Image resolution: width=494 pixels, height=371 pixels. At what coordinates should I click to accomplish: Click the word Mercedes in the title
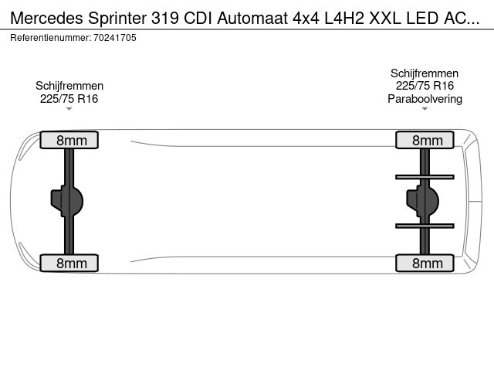pyautogui.click(x=46, y=18)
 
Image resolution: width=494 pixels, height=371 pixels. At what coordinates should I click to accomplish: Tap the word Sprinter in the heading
pyautogui.click(x=117, y=19)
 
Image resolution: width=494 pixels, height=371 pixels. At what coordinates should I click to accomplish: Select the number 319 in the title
pyautogui.click(x=165, y=18)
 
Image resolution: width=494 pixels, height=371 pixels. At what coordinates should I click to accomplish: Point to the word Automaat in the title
pyautogui.click(x=252, y=18)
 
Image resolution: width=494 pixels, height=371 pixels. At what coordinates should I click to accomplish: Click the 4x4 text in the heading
pyautogui.click(x=306, y=18)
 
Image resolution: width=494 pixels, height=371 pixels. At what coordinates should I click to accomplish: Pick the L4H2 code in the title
pyautogui.click(x=344, y=18)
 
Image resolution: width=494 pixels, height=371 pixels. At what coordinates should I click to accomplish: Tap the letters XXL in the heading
pyautogui.click(x=385, y=18)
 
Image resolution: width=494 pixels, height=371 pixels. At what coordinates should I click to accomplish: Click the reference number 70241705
pyautogui.click(x=115, y=38)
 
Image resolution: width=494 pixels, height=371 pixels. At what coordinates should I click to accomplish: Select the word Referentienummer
pyautogui.click(x=50, y=38)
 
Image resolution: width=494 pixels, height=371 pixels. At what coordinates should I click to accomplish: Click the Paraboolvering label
pyautogui.click(x=425, y=99)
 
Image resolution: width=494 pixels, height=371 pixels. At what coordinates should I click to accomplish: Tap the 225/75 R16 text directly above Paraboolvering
pyautogui.click(x=425, y=86)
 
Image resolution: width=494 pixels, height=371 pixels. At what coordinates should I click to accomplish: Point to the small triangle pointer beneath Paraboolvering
pyautogui.click(x=425, y=109)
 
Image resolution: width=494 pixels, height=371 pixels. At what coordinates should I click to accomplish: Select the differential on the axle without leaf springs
pyautogui.click(x=67, y=201)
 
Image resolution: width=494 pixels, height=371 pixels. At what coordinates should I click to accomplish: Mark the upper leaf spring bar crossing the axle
pyautogui.click(x=425, y=177)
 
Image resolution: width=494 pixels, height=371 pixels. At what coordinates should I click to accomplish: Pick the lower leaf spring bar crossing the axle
pyautogui.click(x=425, y=226)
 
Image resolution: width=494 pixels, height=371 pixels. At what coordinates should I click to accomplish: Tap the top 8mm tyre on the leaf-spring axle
pyautogui.click(x=425, y=140)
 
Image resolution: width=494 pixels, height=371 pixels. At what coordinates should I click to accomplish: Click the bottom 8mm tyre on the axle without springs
pyautogui.click(x=69, y=263)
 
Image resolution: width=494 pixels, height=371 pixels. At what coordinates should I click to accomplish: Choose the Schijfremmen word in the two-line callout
pyautogui.click(x=69, y=86)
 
